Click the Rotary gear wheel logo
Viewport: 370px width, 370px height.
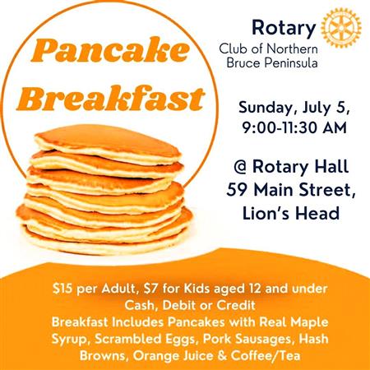[341, 28]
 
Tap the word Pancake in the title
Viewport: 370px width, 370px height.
[110, 50]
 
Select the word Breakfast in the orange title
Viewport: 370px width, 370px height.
[111, 98]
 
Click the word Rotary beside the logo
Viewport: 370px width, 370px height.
[284, 28]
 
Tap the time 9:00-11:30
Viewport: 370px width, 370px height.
[280, 128]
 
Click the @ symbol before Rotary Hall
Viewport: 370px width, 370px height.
[241, 167]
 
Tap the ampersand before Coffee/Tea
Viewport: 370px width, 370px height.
[222, 356]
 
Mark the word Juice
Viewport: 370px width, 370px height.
[198, 356]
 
